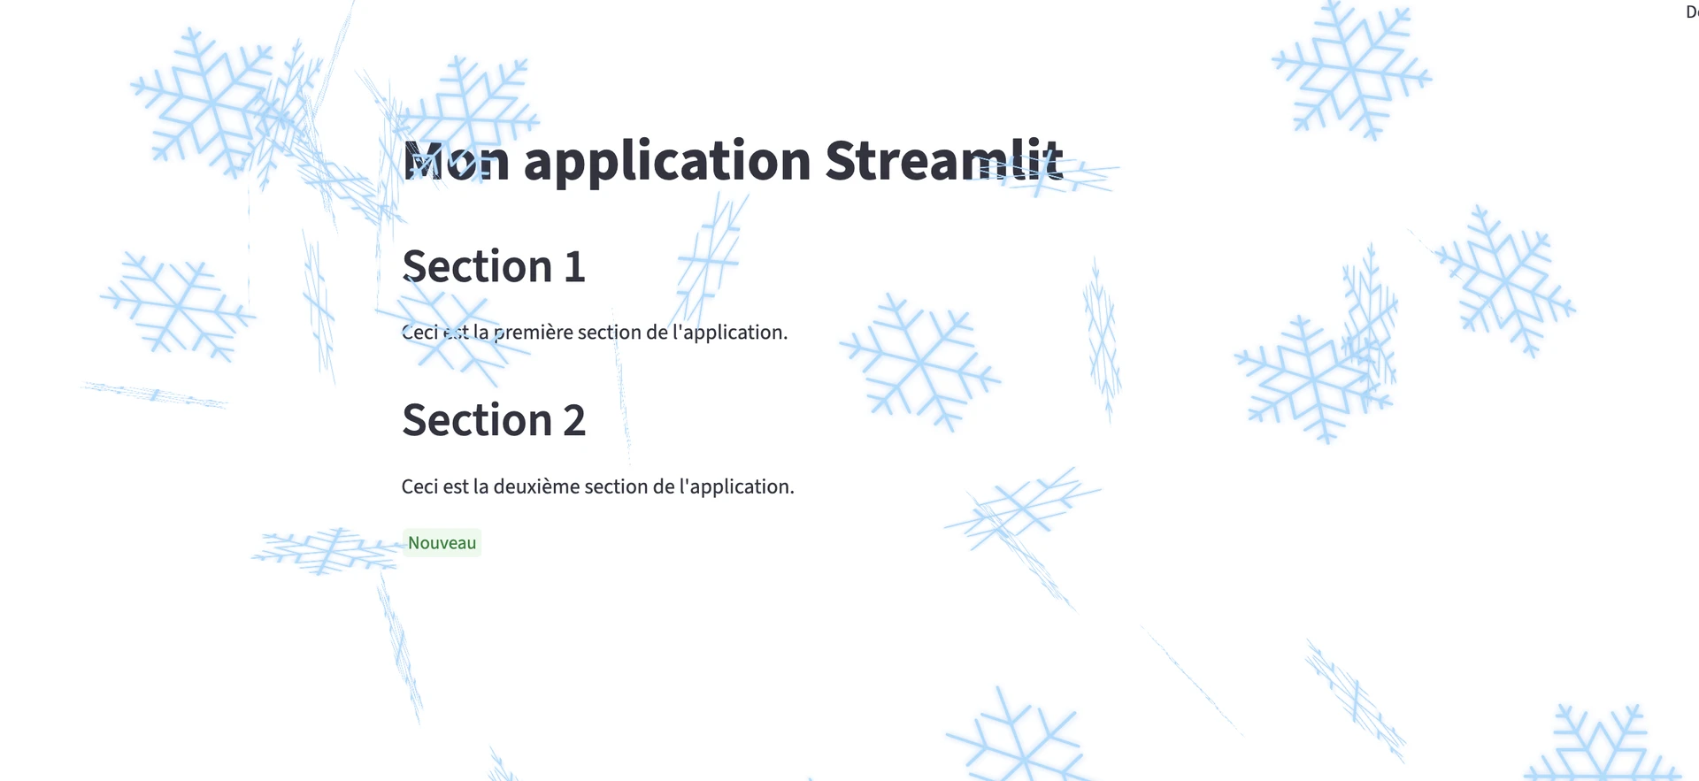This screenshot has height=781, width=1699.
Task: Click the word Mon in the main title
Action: tap(456, 161)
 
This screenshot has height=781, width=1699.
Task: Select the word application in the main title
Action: tap(667, 163)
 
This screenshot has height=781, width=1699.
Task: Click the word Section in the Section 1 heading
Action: tap(477, 266)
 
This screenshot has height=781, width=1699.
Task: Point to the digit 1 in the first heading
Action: tap(575, 267)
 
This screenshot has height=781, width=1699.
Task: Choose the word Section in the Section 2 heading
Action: tap(477, 420)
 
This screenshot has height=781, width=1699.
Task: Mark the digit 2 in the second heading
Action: tap(575, 421)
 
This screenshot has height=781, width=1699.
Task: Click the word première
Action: tap(533, 333)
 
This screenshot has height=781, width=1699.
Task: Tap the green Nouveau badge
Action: tap(442, 543)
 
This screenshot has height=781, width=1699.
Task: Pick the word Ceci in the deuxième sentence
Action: tap(419, 486)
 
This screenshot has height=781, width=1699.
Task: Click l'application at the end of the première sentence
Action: tap(734, 333)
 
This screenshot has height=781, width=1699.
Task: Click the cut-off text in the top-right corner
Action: tap(1692, 12)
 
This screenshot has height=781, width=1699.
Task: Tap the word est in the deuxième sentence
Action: tap(456, 487)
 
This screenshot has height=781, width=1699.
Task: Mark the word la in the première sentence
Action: tap(480, 333)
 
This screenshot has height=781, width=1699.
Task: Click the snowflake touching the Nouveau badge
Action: tap(327, 550)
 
